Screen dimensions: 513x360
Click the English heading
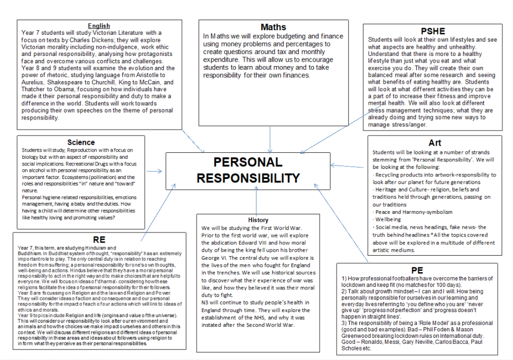pos(99,26)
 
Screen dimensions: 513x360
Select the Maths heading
pos(273,27)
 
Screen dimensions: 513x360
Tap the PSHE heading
pos(433,31)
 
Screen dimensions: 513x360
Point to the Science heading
pos(81,143)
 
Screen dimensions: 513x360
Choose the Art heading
pos(434,143)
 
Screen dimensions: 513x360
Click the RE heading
pos(99,239)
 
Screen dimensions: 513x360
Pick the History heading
pos(259,220)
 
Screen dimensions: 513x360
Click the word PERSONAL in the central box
pos(247,162)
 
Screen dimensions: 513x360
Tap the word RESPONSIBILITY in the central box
pos(248,178)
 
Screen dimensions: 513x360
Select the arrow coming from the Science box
pos(154,171)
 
